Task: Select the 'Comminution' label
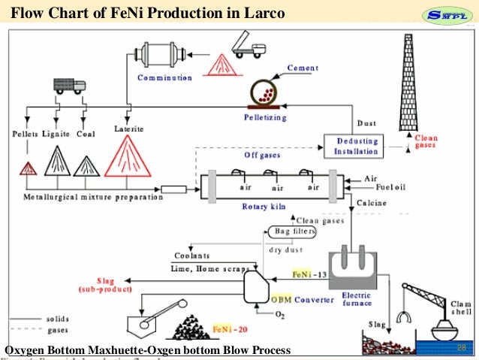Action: [x=164, y=77]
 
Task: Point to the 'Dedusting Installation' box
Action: [x=357, y=146]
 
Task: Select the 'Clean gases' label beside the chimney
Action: [x=426, y=141]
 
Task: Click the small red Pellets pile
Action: [x=29, y=168]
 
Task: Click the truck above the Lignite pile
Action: [x=69, y=86]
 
